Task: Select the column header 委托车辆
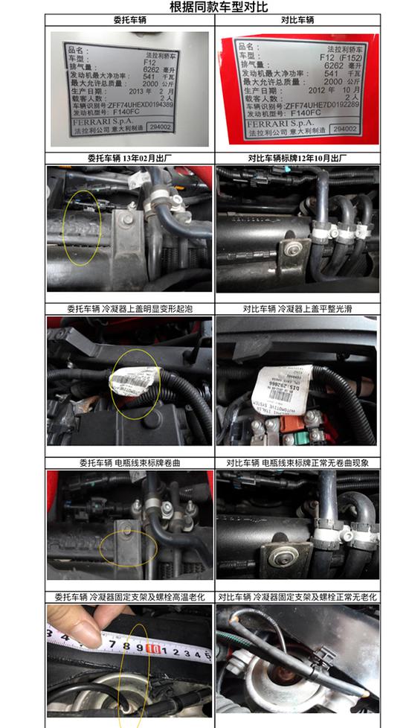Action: [x=130, y=22]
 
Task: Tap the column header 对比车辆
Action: [x=297, y=22]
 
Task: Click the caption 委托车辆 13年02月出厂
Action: [x=130, y=159]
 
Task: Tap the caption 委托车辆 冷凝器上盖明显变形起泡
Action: [x=129, y=309]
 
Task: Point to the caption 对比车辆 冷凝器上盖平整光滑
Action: [x=297, y=309]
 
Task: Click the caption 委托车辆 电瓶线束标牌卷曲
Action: [x=129, y=462]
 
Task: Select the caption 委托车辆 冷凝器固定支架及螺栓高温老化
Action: [x=129, y=597]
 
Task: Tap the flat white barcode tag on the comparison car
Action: [x=283, y=385]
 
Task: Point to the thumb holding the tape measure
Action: [x=83, y=632]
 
